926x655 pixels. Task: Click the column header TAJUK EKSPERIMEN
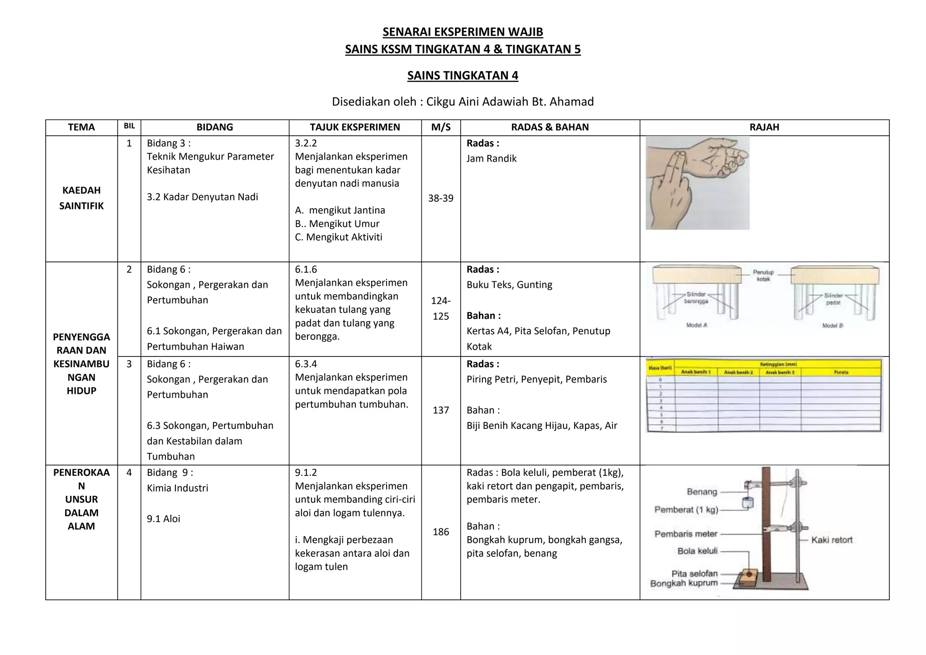tap(355, 128)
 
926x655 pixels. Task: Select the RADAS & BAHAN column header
tap(550, 128)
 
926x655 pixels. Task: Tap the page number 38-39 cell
tap(441, 199)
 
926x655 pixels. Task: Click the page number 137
tap(441, 410)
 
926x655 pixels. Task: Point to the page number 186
tap(441, 532)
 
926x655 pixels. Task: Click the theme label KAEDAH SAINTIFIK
tap(81, 198)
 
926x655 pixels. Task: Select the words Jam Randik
tap(491, 159)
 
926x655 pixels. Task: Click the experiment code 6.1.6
tap(306, 270)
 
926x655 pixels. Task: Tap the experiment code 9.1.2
tap(306, 473)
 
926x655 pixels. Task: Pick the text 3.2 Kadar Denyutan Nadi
tap(202, 197)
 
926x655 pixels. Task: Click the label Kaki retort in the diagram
tap(832, 540)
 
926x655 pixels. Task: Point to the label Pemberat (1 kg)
tap(686, 510)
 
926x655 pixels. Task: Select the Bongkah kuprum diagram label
tap(684, 584)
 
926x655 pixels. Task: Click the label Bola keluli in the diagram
tap(697, 551)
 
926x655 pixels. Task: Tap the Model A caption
tap(696, 325)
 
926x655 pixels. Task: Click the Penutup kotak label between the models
tap(763, 275)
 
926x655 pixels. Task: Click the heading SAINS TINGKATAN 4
tap(463, 76)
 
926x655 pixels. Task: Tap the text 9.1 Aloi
tap(163, 519)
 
